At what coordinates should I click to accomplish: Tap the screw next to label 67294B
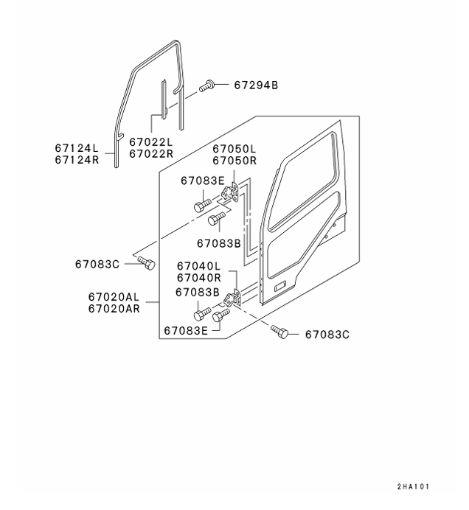(206, 87)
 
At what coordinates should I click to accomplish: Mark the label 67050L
(234, 149)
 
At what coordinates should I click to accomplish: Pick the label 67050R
(234, 160)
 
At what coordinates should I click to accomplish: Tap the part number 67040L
(198, 266)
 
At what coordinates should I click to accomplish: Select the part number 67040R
(198, 278)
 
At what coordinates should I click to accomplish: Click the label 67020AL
(113, 297)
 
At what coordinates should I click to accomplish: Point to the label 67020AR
(113, 309)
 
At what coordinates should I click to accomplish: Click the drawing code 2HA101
(412, 487)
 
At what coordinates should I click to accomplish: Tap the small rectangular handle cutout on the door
(281, 285)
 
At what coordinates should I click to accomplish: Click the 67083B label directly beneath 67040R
(197, 292)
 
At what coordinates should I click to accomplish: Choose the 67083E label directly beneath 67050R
(203, 181)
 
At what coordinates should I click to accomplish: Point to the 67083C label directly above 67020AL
(97, 263)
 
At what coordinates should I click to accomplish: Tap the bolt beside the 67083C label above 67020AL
(146, 262)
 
